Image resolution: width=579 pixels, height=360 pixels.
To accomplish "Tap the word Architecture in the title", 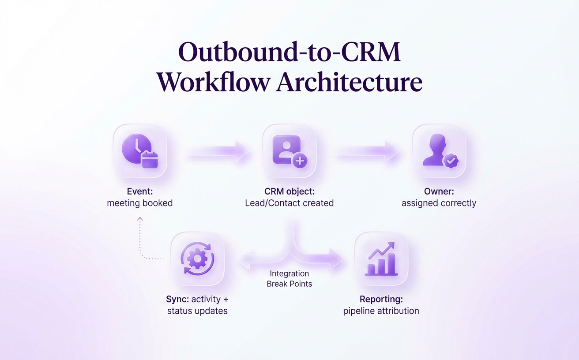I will (x=349, y=82).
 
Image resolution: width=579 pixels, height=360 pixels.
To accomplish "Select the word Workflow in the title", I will (x=214, y=82).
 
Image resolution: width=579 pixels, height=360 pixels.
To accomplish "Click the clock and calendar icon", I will (x=140, y=151).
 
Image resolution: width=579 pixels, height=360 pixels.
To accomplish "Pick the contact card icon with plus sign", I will (x=289, y=151).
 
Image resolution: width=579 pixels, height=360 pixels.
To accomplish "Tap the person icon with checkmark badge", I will (x=439, y=151).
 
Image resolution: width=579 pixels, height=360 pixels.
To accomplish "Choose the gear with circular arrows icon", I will (x=197, y=259).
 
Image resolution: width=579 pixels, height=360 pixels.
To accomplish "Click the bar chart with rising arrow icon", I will (x=382, y=259).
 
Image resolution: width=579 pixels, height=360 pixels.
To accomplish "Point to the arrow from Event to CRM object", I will (x=217, y=152).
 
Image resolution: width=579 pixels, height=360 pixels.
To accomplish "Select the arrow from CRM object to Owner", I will (x=367, y=152).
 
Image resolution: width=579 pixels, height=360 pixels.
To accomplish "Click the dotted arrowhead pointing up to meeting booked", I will (x=140, y=218).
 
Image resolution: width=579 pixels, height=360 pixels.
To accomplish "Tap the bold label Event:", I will (x=139, y=191).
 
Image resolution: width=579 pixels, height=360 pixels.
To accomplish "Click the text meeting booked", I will (x=139, y=203).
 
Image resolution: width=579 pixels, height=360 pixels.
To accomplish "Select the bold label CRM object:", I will (x=289, y=191).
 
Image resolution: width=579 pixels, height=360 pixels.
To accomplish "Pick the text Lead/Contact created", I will (x=289, y=203).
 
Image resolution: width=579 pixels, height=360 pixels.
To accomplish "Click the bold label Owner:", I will (x=439, y=191).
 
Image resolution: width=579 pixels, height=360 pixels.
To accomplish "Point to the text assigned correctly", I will (x=439, y=203).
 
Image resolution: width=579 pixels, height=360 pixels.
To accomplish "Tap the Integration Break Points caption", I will (x=289, y=279).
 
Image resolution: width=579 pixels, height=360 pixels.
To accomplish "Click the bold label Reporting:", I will (x=381, y=299).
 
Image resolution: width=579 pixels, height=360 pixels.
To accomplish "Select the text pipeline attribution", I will (x=381, y=311).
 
